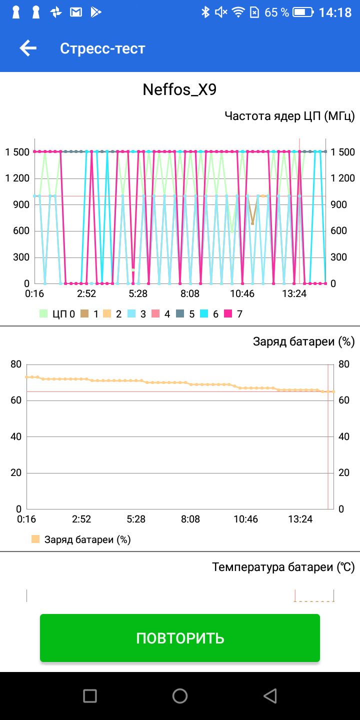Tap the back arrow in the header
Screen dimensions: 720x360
click(28, 48)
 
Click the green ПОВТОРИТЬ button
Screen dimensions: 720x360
click(180, 638)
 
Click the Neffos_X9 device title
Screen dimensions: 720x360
click(179, 89)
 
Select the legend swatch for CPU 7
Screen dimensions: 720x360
click(228, 314)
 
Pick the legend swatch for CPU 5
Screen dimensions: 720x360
click(180, 314)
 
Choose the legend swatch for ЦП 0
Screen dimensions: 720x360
click(44, 314)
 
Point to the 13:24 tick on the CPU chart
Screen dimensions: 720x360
click(294, 293)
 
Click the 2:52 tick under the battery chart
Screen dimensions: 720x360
click(81, 519)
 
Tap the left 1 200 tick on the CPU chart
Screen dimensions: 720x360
click(17, 178)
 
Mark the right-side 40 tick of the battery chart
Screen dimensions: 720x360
click(343, 436)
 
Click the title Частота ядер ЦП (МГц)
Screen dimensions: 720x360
click(289, 116)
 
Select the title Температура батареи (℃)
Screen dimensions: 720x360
click(283, 567)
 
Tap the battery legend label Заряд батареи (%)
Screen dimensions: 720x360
click(87, 539)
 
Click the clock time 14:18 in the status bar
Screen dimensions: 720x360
click(335, 12)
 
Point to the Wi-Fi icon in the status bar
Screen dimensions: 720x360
click(238, 12)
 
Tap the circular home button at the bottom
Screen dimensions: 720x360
click(180, 695)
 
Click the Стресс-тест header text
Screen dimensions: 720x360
click(102, 48)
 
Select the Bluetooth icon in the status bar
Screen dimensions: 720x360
click(205, 12)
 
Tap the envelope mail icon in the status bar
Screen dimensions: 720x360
click(76, 12)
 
